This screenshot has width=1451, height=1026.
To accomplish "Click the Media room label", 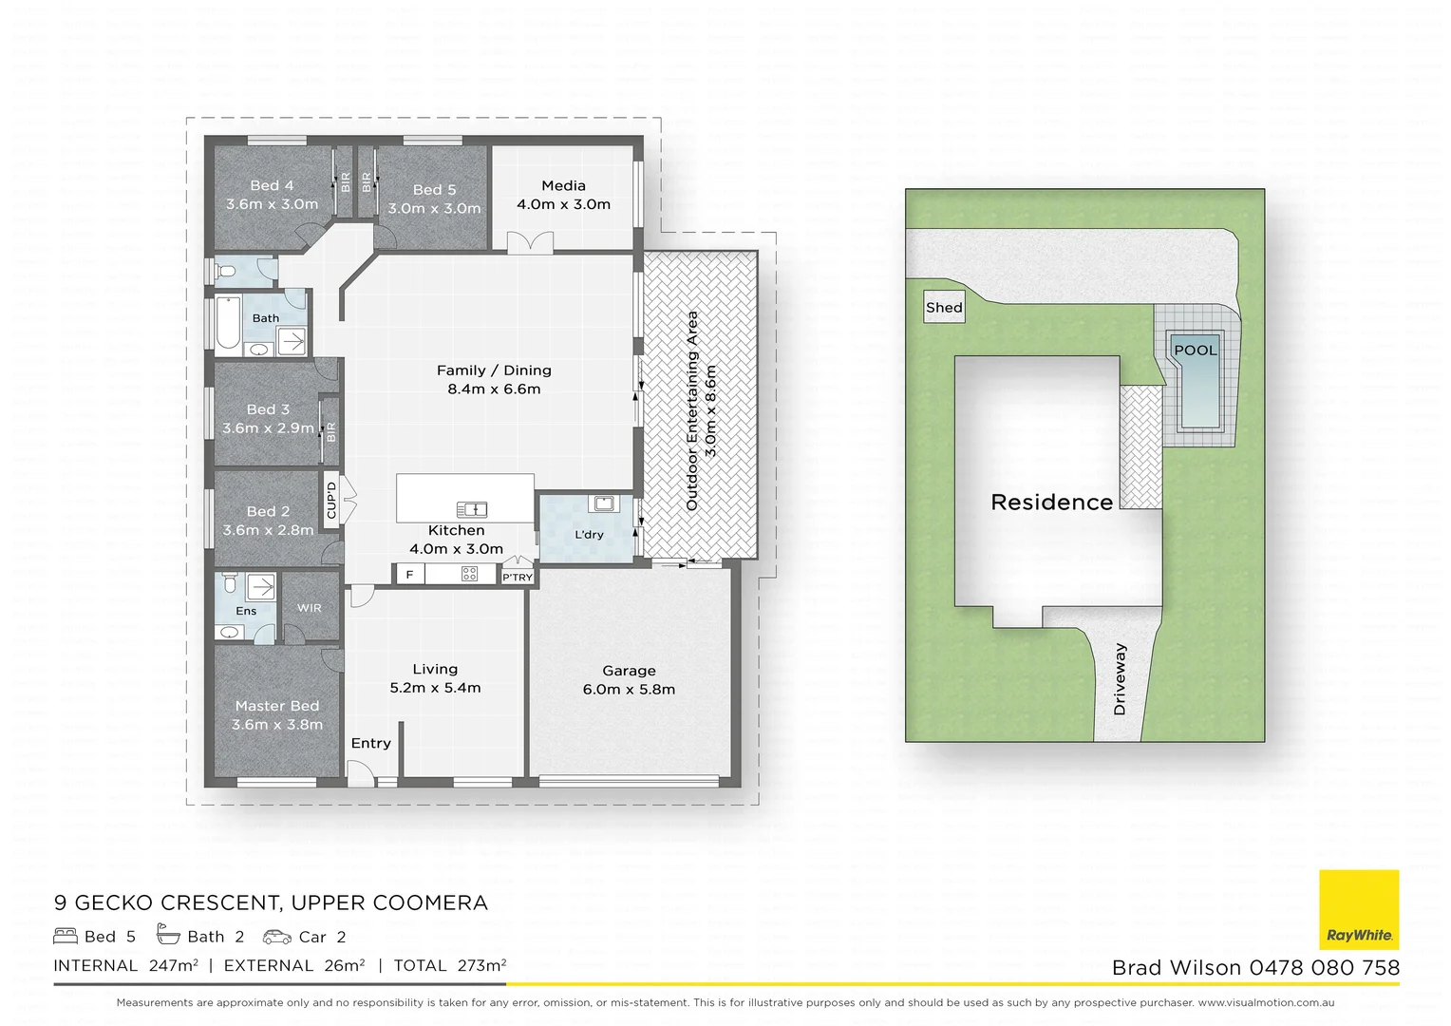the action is [563, 186].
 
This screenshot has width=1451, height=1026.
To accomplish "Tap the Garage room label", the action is [629, 671].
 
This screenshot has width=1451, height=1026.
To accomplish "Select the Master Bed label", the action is [277, 706].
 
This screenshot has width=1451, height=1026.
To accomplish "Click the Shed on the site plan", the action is [944, 308].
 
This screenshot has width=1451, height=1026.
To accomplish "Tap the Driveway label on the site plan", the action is [1120, 679].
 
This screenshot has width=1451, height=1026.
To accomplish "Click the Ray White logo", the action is [1359, 909].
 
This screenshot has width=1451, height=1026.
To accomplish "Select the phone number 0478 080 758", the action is [1325, 968].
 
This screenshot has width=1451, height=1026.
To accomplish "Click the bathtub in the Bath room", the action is [228, 325].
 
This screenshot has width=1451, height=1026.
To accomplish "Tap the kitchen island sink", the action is [472, 510].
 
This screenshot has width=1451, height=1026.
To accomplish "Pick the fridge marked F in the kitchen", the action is [409, 574].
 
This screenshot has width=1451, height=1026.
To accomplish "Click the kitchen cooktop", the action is [469, 574].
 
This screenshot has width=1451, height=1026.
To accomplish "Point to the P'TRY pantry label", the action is [518, 577].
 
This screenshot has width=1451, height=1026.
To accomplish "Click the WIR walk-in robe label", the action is [310, 608].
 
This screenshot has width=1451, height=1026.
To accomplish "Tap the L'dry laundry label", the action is [589, 535].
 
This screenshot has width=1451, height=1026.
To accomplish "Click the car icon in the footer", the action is [277, 937].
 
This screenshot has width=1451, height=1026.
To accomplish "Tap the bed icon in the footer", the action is [66, 936].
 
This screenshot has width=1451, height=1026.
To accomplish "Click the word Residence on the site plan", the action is [1051, 503].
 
